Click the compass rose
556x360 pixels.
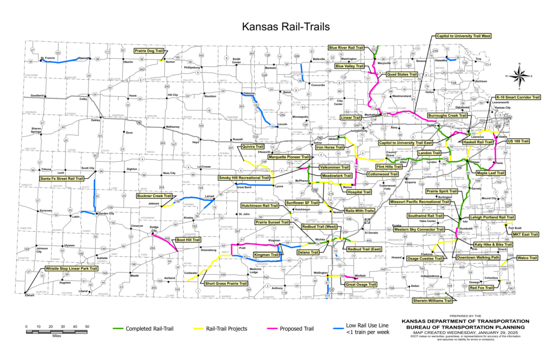[x=520, y=75]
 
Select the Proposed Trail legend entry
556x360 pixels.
[x=291, y=329]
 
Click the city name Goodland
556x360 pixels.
[x=36, y=95]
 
